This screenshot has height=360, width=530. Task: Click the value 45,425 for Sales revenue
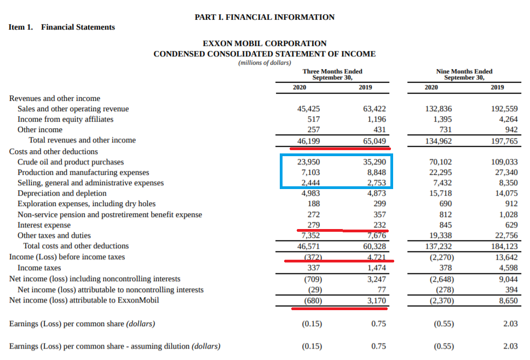click(308, 109)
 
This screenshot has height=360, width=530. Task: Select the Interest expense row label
click(44, 225)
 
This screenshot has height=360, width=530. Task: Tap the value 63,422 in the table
click(374, 109)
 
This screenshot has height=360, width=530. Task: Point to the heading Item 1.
click(21, 27)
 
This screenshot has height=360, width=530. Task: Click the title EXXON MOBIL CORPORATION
click(264, 43)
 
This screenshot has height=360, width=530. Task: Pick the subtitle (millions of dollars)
click(264, 62)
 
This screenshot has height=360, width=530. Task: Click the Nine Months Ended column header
click(464, 75)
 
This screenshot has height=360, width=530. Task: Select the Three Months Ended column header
click(332, 75)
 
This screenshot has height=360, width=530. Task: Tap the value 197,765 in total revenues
click(504, 141)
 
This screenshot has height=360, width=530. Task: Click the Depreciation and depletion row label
click(62, 193)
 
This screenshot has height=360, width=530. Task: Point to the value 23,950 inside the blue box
click(308, 162)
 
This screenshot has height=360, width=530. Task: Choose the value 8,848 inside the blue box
click(377, 173)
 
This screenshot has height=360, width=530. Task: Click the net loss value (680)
click(313, 301)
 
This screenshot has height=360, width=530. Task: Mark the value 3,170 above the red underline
click(377, 301)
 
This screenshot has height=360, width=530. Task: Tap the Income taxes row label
click(39, 268)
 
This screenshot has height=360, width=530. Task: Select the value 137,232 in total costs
click(438, 247)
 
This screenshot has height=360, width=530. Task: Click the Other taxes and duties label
click(54, 236)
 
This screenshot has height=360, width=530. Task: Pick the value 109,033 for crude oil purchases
click(504, 162)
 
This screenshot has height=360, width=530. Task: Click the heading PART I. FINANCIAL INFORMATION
click(264, 17)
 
